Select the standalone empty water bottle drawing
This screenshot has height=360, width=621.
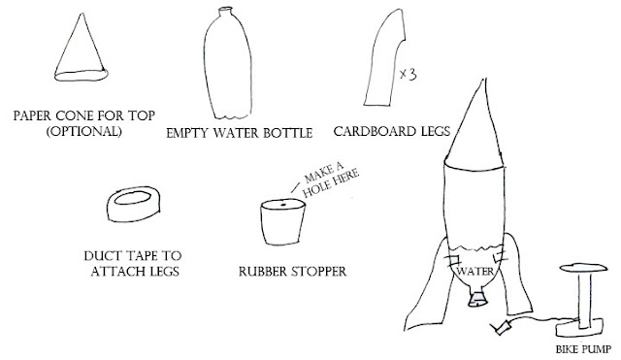(228, 63)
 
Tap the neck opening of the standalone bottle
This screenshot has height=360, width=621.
(225, 9)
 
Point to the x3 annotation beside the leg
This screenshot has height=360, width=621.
(408, 74)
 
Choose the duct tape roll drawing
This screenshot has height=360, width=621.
(134, 204)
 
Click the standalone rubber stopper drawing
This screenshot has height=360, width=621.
(282, 222)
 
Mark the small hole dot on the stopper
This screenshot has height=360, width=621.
(283, 205)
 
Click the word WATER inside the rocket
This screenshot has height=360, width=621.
(474, 272)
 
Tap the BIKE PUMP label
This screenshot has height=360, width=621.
(583, 349)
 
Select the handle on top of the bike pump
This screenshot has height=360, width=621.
(583, 268)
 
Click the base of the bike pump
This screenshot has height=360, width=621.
(579, 328)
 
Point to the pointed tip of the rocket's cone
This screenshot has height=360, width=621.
(483, 80)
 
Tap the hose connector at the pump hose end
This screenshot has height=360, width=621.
(501, 328)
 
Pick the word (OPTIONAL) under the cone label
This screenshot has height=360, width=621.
(84, 131)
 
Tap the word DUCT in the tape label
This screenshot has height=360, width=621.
(101, 256)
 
